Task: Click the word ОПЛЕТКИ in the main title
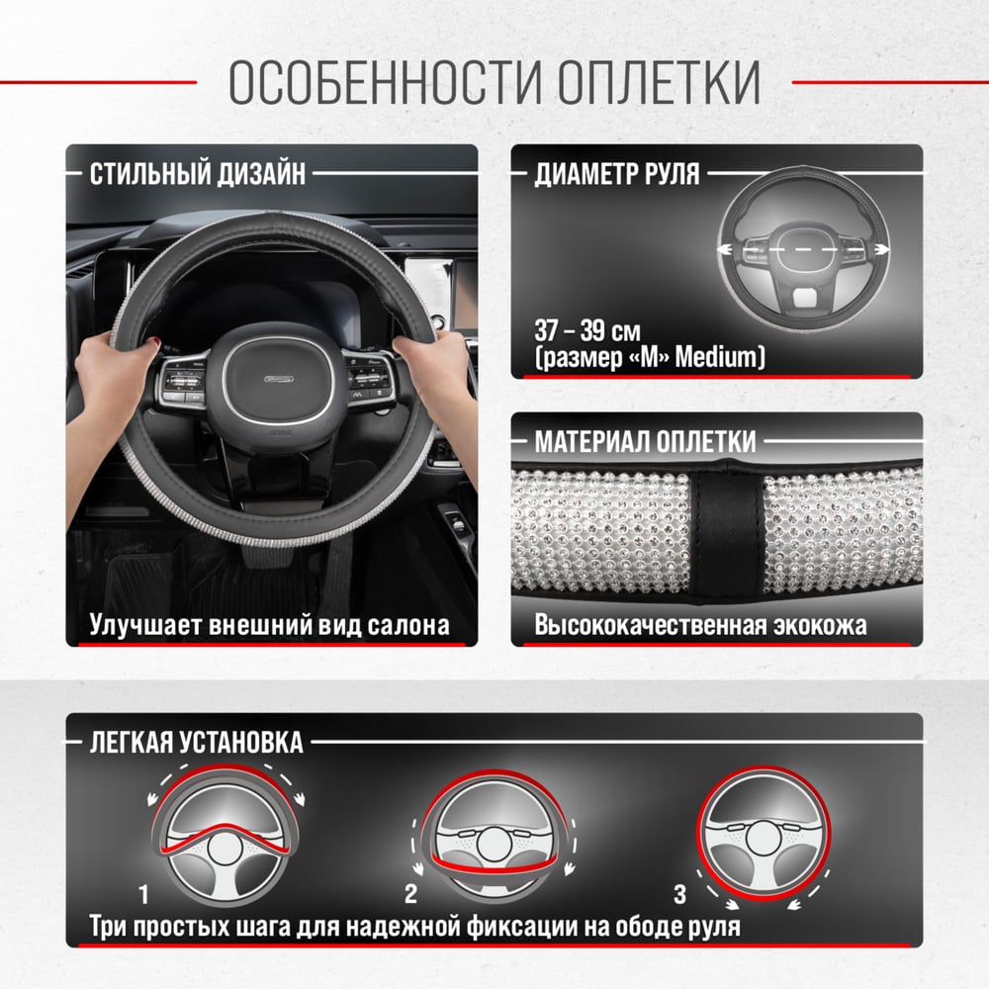tap(659, 82)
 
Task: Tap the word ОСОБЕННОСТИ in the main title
tap(386, 82)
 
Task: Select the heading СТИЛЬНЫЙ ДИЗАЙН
tap(198, 173)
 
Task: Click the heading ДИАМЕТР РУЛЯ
tap(617, 173)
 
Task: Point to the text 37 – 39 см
tap(587, 330)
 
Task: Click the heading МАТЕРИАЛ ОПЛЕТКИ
tap(645, 441)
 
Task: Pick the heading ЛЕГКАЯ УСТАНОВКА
tap(196, 743)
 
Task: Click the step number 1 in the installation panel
tap(143, 894)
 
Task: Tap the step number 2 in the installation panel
tap(410, 894)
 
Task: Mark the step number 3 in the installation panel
tap(679, 894)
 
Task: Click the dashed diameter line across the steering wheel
tap(803, 250)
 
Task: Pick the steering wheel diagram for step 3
tap(764, 834)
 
